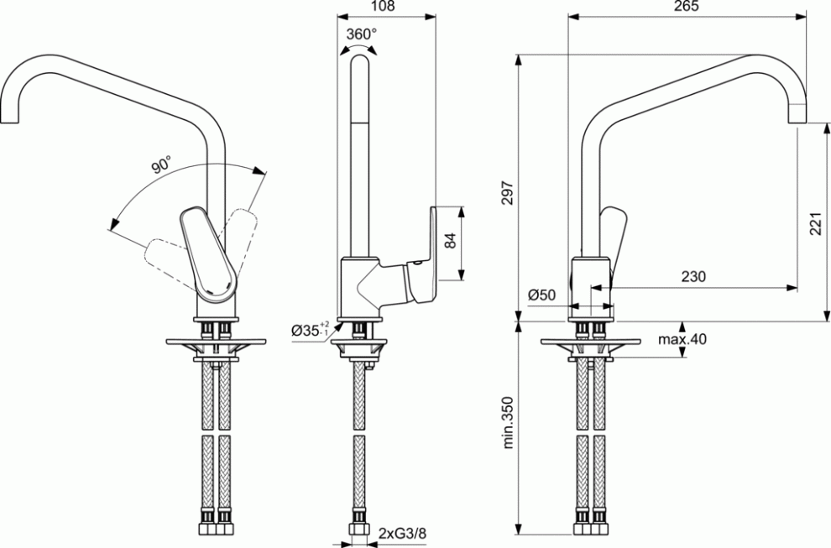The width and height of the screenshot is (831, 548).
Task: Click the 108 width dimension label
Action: click(x=384, y=7)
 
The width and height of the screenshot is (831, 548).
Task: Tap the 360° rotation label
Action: click(x=362, y=34)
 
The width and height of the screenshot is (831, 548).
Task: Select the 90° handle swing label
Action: click(x=161, y=165)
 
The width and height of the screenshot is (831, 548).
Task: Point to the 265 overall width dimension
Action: click(x=687, y=7)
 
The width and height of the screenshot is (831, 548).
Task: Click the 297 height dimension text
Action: click(x=508, y=194)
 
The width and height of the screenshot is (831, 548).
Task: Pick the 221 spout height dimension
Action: click(x=816, y=224)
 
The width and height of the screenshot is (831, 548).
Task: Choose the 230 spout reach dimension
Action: click(x=693, y=276)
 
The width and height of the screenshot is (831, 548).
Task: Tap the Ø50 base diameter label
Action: click(x=541, y=294)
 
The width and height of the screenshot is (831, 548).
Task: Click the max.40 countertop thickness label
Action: click(x=682, y=339)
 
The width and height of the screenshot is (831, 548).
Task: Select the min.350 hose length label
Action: click(x=508, y=422)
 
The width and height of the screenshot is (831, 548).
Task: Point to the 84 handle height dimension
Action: click(x=450, y=241)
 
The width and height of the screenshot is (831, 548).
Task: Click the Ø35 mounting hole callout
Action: click(x=311, y=330)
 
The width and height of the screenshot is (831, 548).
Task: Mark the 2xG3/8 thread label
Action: click(x=403, y=533)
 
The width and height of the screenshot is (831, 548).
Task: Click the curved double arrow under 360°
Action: click(x=358, y=47)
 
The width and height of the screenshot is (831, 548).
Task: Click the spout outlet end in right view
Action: click(x=797, y=113)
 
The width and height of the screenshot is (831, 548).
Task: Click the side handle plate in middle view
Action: click(x=424, y=254)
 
